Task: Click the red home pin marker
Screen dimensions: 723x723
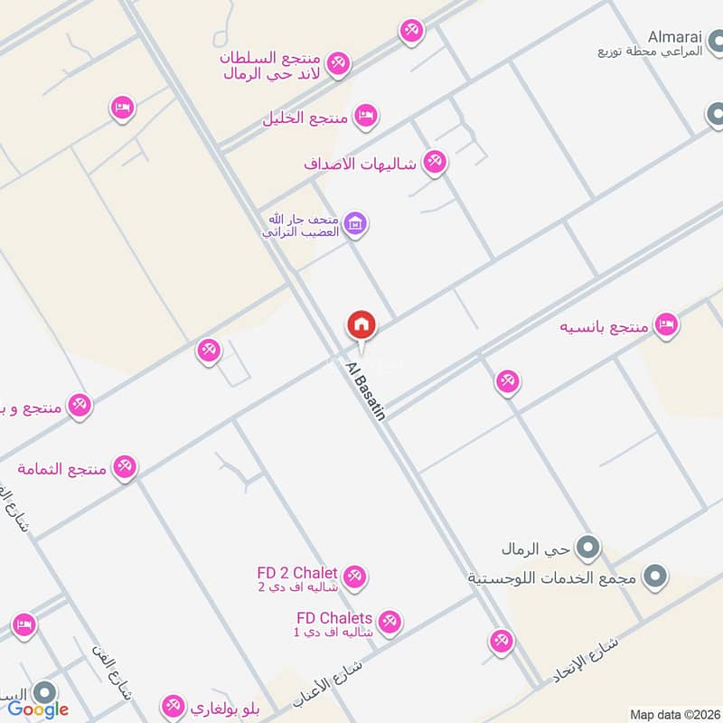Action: point(361,324)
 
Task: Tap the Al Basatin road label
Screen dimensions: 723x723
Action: point(366,390)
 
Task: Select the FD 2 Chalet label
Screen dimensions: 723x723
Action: point(296,573)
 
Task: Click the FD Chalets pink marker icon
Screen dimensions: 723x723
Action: point(390,622)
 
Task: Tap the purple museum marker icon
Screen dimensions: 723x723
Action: point(355,223)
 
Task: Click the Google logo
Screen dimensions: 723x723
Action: point(38,709)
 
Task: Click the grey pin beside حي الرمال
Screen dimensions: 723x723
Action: point(589,548)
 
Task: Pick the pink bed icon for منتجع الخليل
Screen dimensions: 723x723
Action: point(365,117)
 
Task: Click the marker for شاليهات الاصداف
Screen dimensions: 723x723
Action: point(435,163)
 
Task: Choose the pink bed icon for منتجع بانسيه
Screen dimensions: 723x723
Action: point(666,324)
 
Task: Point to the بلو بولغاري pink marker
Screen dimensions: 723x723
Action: point(172,706)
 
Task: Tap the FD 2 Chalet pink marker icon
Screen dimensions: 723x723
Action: point(354,576)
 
